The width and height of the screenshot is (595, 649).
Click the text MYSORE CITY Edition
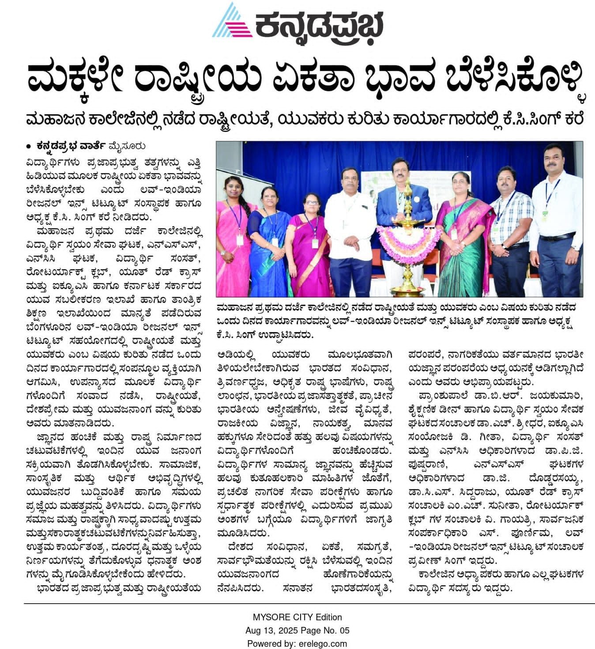coord(297,617)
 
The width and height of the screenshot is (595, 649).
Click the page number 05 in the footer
coord(344,630)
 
